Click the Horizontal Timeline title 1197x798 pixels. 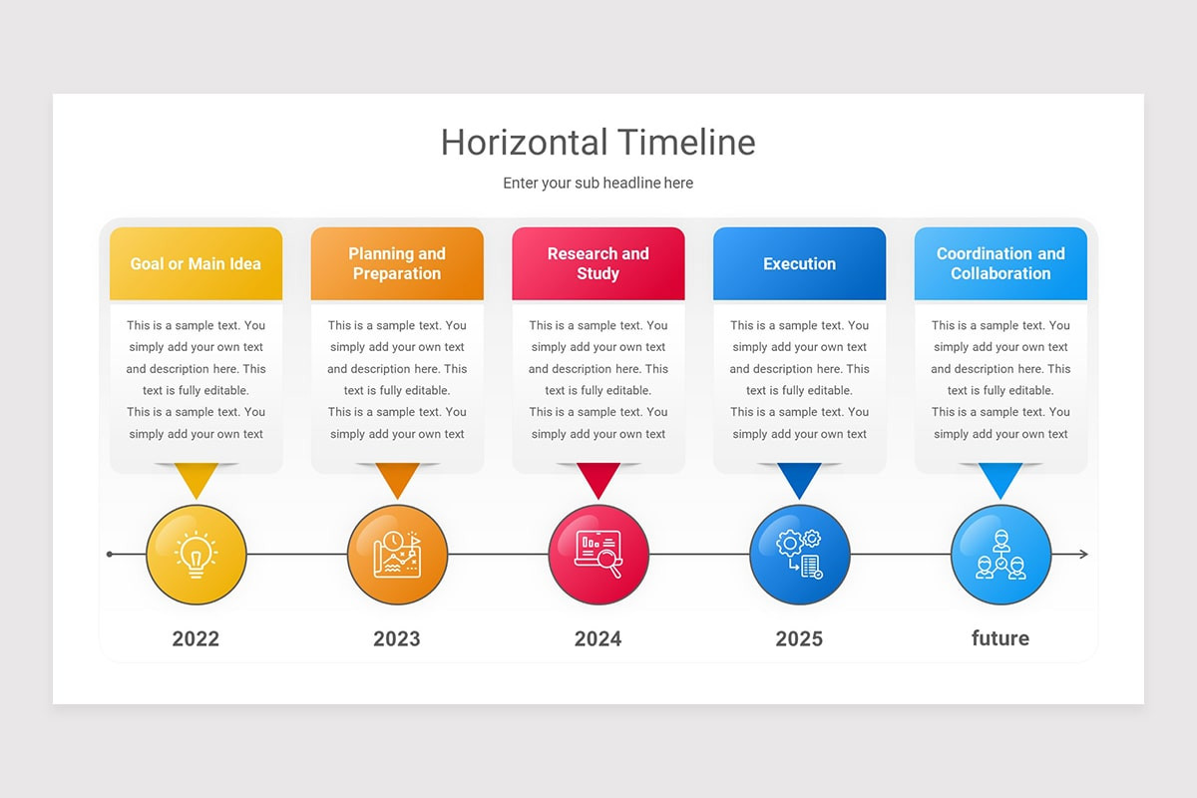(598, 143)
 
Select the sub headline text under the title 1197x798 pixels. (598, 184)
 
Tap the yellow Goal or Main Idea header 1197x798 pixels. (196, 264)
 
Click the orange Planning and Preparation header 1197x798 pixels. (397, 264)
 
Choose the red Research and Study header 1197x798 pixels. (598, 264)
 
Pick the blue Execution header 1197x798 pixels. (799, 264)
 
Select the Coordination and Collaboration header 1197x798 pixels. (1000, 264)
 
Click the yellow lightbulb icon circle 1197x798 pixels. (197, 555)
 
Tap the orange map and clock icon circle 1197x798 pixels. (397, 555)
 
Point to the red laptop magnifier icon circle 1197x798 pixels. (598, 555)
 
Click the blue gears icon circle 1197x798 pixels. (800, 555)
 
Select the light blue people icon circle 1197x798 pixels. (1000, 555)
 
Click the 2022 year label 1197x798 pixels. (196, 639)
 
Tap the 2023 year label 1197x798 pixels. (397, 639)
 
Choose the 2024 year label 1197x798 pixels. (598, 639)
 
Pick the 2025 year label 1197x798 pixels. (799, 639)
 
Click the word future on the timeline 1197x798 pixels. (1000, 638)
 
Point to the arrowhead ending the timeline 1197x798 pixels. (1083, 555)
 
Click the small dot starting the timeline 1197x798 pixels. (110, 555)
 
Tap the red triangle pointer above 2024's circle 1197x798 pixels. (598, 479)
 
